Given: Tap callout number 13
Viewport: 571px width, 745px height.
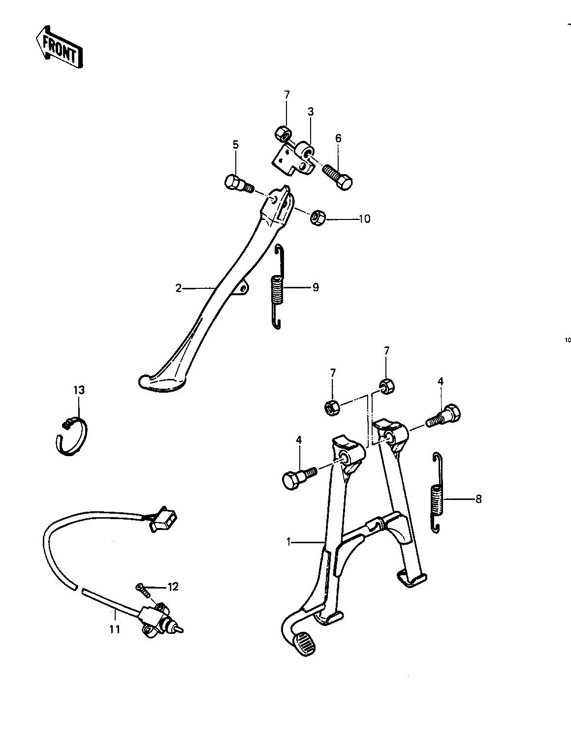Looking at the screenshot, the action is click(79, 390).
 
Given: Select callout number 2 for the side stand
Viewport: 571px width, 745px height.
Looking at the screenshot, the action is click(179, 288).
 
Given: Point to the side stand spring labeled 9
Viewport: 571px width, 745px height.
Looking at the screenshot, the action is click(278, 288).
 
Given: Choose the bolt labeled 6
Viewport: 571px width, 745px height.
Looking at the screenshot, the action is click(338, 176).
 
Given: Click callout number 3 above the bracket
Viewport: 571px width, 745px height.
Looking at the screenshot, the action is click(311, 112).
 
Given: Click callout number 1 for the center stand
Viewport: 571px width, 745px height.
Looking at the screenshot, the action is click(290, 542).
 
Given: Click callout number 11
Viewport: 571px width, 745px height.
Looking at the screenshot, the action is click(115, 629).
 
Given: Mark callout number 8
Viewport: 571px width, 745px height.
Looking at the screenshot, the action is click(478, 499).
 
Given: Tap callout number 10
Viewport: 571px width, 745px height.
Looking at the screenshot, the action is click(364, 218).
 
